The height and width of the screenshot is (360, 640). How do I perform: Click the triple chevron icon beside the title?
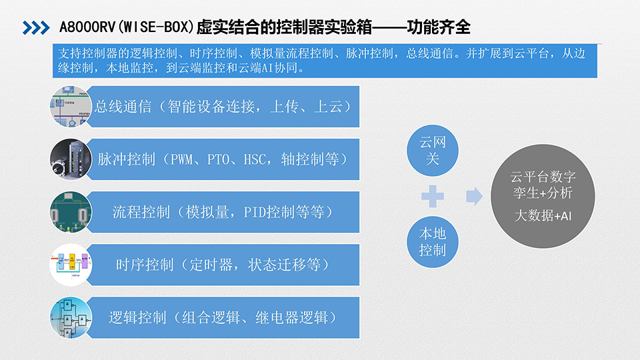pyautogui.click(x=36, y=28)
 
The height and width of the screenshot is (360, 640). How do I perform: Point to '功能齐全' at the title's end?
pyautogui.click(x=439, y=27)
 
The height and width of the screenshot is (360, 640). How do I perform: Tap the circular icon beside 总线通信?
pyautogui.click(x=71, y=106)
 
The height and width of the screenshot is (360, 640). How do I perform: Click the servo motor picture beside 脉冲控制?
pyautogui.click(x=71, y=159)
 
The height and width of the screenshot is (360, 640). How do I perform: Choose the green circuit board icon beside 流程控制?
pyautogui.click(x=71, y=212)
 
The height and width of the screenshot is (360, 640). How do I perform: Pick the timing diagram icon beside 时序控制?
pyautogui.click(x=71, y=265)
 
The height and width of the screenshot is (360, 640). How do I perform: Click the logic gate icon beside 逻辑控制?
pyautogui.click(x=71, y=317)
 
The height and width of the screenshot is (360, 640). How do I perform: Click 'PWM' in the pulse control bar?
pyautogui.click(x=181, y=159)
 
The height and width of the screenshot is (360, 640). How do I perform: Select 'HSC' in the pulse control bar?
pyautogui.click(x=255, y=159)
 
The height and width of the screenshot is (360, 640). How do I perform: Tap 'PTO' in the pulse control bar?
pyautogui.click(x=218, y=159)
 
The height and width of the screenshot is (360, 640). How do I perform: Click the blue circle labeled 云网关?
pyautogui.click(x=433, y=151)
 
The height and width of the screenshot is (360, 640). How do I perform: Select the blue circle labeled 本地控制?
pyautogui.click(x=433, y=242)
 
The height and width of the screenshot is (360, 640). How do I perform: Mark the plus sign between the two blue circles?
pyautogui.click(x=433, y=196)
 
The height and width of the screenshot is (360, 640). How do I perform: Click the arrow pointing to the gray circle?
pyautogui.click(x=474, y=196)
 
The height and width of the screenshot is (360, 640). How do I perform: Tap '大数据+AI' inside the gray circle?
pyautogui.click(x=543, y=215)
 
